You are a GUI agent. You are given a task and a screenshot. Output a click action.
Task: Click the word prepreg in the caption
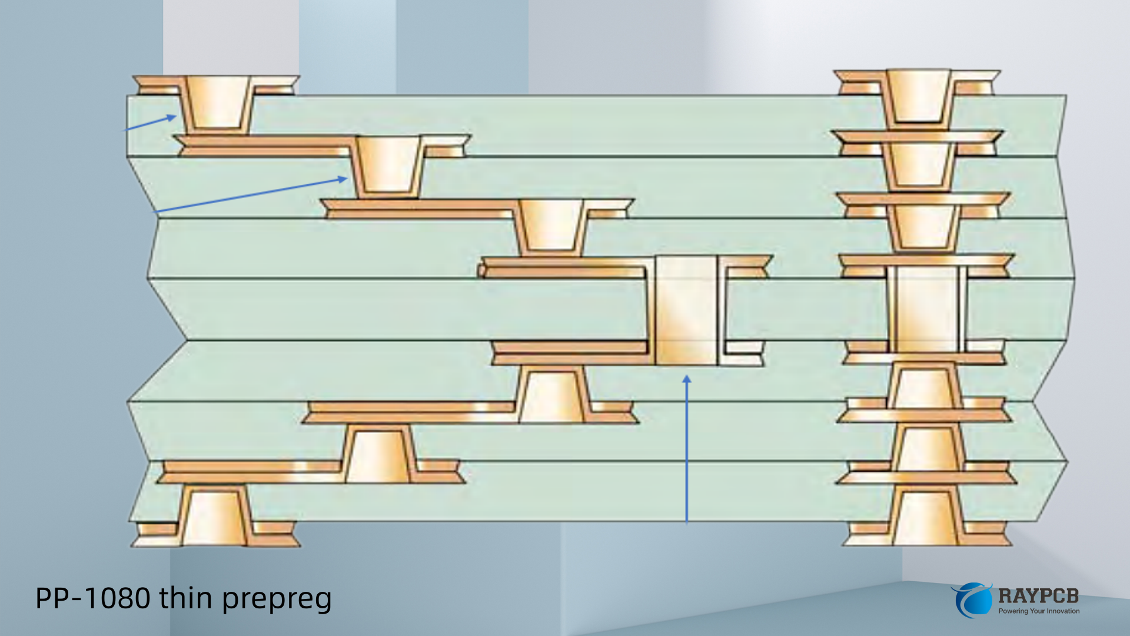[277, 599]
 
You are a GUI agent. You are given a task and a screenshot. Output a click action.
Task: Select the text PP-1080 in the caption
[93, 598]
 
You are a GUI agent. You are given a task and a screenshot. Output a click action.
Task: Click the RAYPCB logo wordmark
[1038, 596]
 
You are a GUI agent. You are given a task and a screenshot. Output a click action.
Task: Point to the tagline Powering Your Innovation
[1039, 611]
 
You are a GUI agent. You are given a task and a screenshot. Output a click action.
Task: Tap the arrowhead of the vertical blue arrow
[686, 379]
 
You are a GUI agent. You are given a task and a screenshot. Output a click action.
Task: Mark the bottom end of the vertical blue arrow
[686, 522]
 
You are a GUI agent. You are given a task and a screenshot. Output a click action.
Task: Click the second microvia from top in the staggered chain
[387, 164]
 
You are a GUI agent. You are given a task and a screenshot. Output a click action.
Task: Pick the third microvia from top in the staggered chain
[551, 225]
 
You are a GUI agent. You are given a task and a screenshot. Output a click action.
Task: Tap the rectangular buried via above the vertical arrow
[686, 310]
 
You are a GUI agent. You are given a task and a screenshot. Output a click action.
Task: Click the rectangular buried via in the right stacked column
[926, 309]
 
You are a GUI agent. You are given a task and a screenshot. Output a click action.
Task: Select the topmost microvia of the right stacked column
[918, 97]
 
